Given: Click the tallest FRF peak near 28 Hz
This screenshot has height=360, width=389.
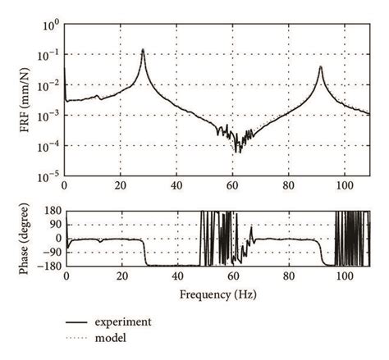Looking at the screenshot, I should (143, 50).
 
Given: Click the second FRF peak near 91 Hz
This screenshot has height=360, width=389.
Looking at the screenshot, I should (320, 67).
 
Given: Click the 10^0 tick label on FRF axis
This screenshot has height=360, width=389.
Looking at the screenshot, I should (49, 25).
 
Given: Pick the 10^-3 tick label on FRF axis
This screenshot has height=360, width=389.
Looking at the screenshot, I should (48, 116).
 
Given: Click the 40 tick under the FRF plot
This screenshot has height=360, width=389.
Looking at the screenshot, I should (176, 187).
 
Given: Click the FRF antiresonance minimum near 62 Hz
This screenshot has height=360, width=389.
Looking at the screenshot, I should (238, 152).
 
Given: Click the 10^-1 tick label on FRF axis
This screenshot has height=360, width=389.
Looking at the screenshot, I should (48, 56).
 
